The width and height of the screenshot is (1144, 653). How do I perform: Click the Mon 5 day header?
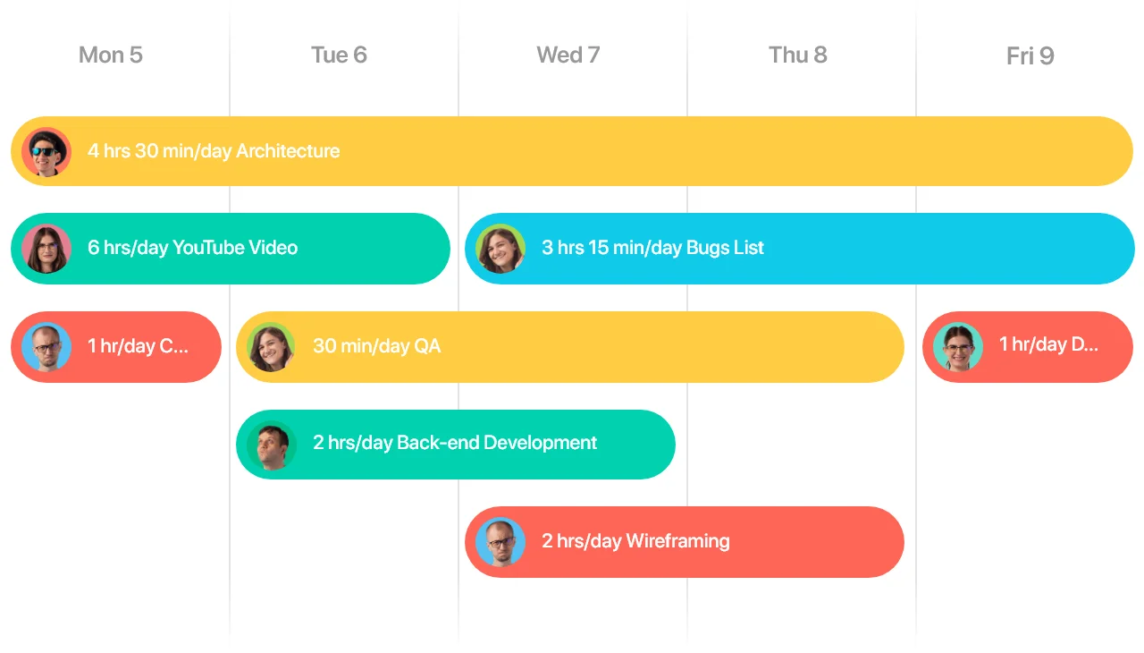110,55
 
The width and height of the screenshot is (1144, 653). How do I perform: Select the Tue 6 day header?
339,55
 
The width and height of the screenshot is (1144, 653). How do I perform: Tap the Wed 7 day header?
568,55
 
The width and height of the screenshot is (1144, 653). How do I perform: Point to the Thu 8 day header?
798,55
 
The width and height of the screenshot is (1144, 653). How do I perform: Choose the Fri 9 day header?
1030,55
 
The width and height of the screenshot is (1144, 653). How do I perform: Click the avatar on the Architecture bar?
46,152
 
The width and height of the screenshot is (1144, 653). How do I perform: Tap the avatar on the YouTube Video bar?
46,249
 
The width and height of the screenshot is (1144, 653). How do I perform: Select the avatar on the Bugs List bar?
500,249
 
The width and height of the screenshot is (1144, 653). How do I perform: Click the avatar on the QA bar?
271,347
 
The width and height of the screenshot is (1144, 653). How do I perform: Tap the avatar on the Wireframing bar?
500,542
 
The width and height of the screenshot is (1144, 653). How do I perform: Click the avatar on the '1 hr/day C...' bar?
46,347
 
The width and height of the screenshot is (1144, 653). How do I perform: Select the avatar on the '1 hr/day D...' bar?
958,347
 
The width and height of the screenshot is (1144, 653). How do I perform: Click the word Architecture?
288,151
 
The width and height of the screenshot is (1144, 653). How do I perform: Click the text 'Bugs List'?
725,248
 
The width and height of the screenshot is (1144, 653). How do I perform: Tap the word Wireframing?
678,541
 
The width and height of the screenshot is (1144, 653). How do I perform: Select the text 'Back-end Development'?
497,443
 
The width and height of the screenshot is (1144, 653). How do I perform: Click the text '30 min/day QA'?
377,346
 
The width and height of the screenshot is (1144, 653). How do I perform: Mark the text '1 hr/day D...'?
1048,345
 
